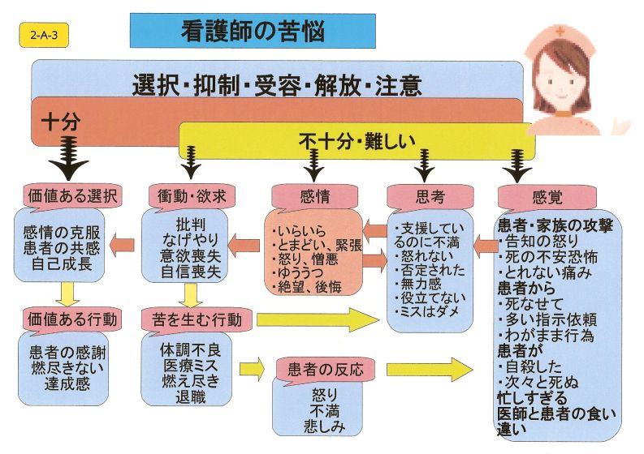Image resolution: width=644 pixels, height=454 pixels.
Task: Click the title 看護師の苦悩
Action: click(x=252, y=32)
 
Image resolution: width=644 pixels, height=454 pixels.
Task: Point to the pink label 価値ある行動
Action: click(x=72, y=316)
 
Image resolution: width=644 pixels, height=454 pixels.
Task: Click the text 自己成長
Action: click(x=68, y=265)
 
